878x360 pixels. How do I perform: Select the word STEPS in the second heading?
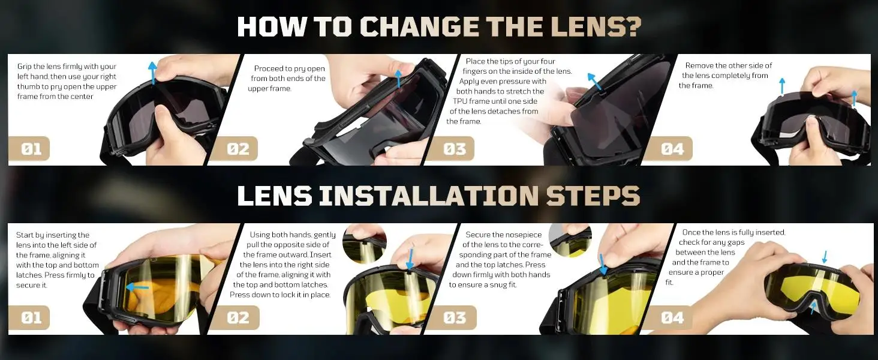(593, 195)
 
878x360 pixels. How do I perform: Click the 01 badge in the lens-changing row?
(31, 149)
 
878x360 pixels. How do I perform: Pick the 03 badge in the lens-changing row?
(453, 149)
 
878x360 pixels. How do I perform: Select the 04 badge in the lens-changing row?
(671, 149)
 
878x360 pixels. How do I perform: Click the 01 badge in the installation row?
(31, 317)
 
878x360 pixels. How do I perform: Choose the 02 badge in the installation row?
(237, 317)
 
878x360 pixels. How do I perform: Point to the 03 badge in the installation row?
(454, 317)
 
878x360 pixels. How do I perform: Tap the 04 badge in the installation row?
(671, 317)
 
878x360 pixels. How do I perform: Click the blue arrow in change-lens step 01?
(152, 73)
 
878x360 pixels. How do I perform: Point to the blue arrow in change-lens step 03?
(594, 82)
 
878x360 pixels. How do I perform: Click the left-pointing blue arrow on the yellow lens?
(137, 288)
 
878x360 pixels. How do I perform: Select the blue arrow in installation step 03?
(603, 265)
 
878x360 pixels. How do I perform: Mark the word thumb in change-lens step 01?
(28, 86)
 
